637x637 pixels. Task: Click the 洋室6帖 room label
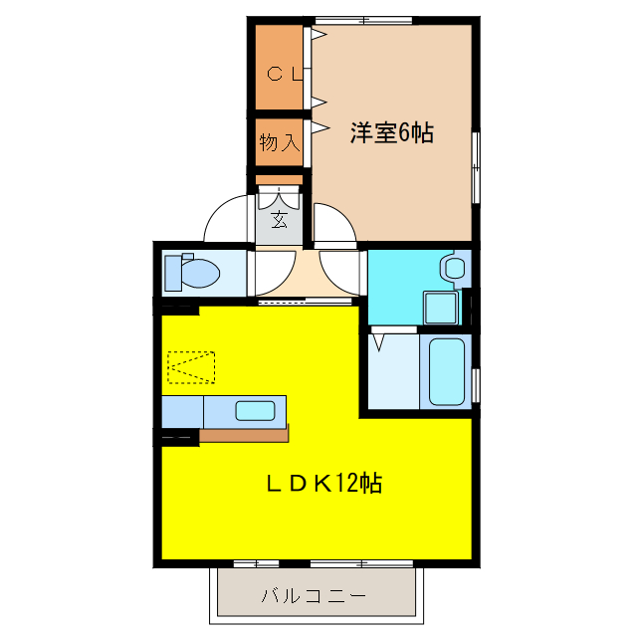pos(391,133)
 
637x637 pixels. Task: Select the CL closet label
pos(283,73)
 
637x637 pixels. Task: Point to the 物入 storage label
pos(280,142)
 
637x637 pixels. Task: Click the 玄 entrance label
pos(280,220)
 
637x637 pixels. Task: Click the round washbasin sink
pos(454,267)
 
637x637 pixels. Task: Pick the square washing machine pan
pos(440,307)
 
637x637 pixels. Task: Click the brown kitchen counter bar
pos(244,435)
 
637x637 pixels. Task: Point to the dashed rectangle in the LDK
pos(191,367)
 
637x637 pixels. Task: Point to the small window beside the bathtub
pos(477,382)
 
